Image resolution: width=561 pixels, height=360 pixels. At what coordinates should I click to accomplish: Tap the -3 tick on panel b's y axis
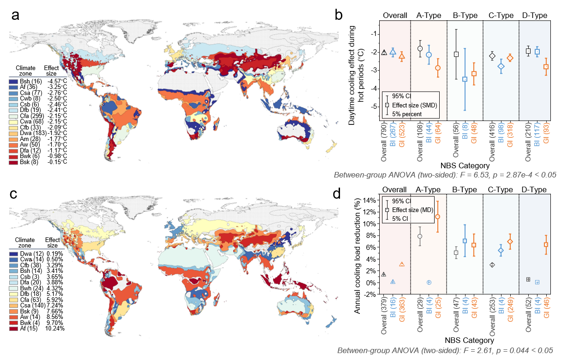click(x=374, y=70)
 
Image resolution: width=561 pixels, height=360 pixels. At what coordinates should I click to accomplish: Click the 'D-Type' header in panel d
click(x=534, y=189)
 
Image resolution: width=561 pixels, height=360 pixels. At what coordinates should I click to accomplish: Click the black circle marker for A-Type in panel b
click(x=420, y=48)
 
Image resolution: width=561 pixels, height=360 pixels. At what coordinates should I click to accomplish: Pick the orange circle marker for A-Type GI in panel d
click(x=437, y=217)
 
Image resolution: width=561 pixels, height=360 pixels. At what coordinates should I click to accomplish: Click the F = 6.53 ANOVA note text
click(x=444, y=175)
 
